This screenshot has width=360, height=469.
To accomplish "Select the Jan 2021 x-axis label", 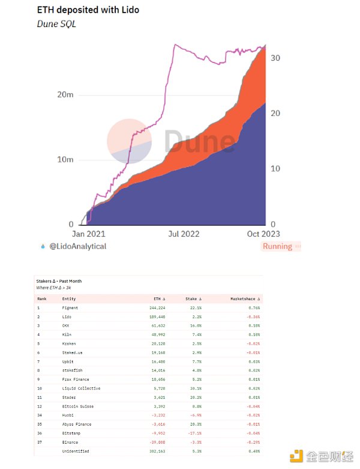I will tap(89, 234).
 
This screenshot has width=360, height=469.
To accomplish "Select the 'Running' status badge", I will tap(277, 246).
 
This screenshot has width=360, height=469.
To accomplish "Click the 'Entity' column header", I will tap(69, 298).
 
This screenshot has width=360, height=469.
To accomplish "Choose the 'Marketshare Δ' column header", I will tap(245, 298).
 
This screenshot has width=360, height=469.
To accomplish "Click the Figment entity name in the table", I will tap(70, 307).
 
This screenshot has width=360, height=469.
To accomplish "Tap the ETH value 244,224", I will tap(155, 307).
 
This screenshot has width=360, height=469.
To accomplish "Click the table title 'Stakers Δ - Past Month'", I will tap(59, 280).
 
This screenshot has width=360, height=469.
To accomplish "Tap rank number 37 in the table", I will tap(40, 443).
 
